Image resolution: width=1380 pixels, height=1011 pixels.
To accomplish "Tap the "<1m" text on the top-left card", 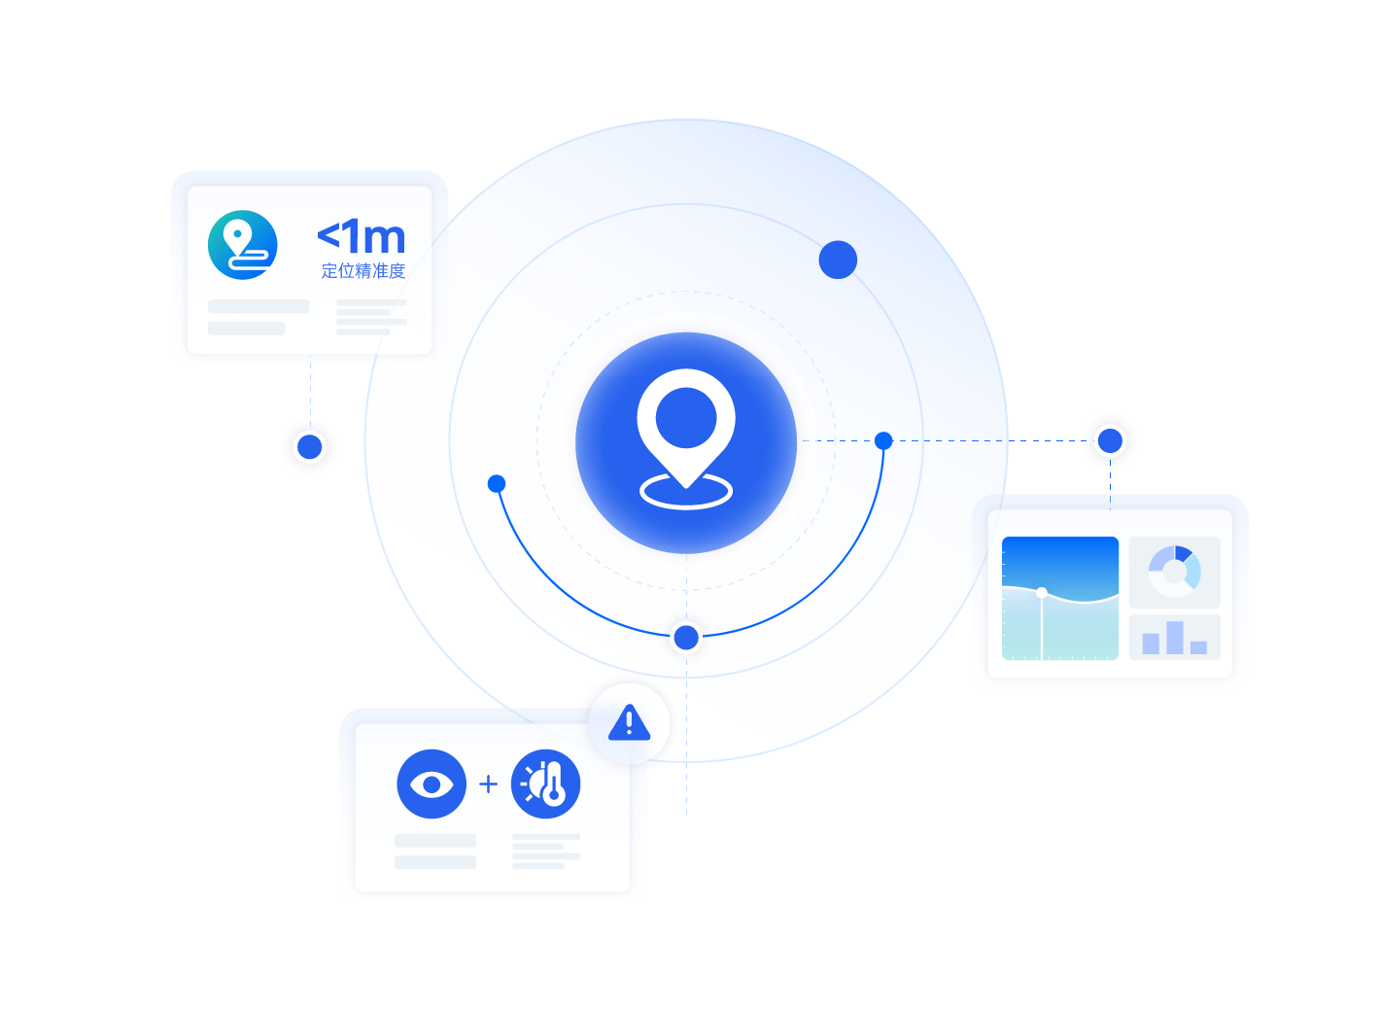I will click(x=362, y=236).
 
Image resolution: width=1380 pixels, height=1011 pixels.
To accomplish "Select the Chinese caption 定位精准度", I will click(x=362, y=271).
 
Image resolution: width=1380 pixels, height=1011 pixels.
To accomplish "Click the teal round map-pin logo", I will click(x=243, y=245).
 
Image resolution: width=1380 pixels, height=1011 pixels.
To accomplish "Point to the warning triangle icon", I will click(x=629, y=723).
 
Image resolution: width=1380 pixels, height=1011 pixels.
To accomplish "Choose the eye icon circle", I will click(x=431, y=784).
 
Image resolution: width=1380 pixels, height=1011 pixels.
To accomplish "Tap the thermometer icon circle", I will click(x=546, y=784).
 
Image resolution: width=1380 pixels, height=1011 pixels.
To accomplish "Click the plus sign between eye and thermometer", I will click(x=489, y=784).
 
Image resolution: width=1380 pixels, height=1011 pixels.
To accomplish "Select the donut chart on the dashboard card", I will click(x=1174, y=572).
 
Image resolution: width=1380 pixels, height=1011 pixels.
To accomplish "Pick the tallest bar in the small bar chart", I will click(x=1175, y=638).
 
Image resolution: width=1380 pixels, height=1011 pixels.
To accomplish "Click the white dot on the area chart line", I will click(x=1042, y=592).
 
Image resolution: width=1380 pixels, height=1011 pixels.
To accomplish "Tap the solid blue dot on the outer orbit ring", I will click(x=838, y=260).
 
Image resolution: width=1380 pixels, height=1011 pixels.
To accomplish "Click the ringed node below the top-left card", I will click(x=310, y=447).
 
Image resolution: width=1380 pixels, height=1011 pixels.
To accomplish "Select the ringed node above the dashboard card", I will click(x=1110, y=440).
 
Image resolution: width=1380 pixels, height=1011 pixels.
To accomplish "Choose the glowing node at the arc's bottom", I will click(x=686, y=638).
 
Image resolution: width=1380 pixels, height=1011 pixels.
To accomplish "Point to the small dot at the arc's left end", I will click(x=497, y=483).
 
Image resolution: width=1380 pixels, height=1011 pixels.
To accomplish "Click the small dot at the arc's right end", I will click(x=883, y=440).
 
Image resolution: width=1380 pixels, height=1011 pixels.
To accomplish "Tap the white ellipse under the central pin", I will click(x=686, y=492).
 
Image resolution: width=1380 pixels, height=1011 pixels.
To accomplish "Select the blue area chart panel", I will click(x=1060, y=598).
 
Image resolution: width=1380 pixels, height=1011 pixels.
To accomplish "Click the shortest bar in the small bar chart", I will click(x=1198, y=647).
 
